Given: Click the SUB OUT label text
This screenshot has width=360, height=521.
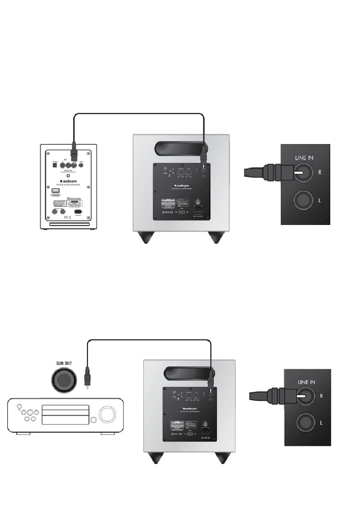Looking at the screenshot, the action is click(64, 363).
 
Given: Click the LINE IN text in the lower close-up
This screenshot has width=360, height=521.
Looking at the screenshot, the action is click(306, 382).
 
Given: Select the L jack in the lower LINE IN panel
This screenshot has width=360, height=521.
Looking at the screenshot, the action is click(305, 422).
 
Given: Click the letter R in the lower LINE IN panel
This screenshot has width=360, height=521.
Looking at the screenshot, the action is click(321, 396).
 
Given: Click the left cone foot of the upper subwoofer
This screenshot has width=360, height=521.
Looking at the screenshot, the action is click(146, 237).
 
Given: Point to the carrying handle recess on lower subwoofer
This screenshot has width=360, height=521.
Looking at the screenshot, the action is click(187, 373).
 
